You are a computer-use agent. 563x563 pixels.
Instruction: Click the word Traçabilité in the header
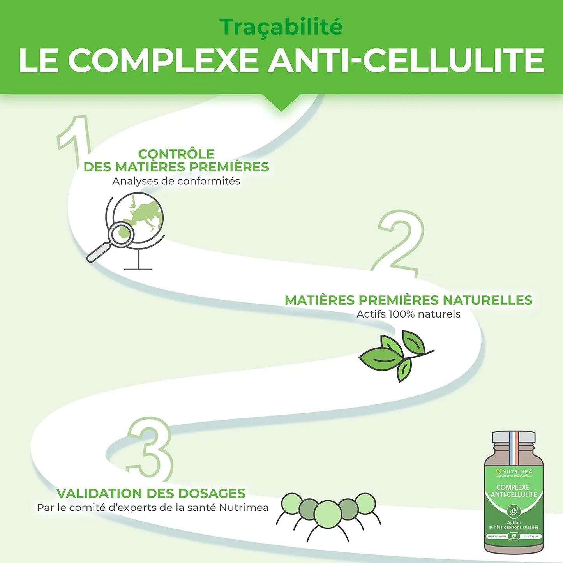click(281, 27)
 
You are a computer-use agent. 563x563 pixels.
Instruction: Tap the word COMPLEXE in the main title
click(163, 61)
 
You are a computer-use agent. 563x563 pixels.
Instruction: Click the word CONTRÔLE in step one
click(176, 154)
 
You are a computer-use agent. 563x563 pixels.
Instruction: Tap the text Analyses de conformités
click(176, 181)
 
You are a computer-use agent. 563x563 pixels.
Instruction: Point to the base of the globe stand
click(138, 268)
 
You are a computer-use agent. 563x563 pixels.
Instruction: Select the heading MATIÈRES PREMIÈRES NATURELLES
click(408, 300)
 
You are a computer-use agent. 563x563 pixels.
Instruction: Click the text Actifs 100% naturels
click(408, 314)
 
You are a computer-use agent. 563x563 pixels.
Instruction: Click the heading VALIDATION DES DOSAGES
click(151, 493)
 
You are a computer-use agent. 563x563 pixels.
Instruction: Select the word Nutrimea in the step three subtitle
click(244, 508)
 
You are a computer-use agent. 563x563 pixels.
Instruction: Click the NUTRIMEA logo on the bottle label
click(514, 471)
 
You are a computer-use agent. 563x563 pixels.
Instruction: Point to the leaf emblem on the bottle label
click(514, 511)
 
